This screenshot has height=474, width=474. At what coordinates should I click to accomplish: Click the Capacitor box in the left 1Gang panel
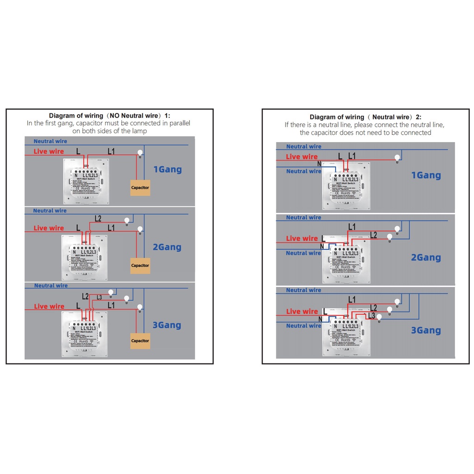pos(140,187)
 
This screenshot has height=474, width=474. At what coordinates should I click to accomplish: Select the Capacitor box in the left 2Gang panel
pos(140,265)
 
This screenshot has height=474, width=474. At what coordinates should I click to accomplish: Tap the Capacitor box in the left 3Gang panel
pos(140,341)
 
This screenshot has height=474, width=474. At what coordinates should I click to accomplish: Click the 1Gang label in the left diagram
pos(167,169)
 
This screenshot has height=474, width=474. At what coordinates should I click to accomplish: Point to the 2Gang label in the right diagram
pos(426,258)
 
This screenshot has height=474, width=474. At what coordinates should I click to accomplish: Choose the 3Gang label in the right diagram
pos(426,331)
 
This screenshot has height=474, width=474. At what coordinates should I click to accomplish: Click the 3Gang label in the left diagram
pos(167,325)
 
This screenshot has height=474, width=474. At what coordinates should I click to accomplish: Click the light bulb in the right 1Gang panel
pos(396,157)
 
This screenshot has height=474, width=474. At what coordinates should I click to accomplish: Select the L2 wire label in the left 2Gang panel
pos(98,218)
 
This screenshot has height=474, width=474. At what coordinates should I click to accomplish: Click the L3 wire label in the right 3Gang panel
pos(371,316)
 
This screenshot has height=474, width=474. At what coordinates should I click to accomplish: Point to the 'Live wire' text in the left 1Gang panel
pos(49,151)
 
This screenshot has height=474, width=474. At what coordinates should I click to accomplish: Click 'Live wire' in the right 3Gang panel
pos(302,312)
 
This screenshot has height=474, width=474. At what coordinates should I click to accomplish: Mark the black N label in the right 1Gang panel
pos(319,163)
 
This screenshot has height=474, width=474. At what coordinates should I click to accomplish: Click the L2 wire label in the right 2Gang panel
pos(374,235)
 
